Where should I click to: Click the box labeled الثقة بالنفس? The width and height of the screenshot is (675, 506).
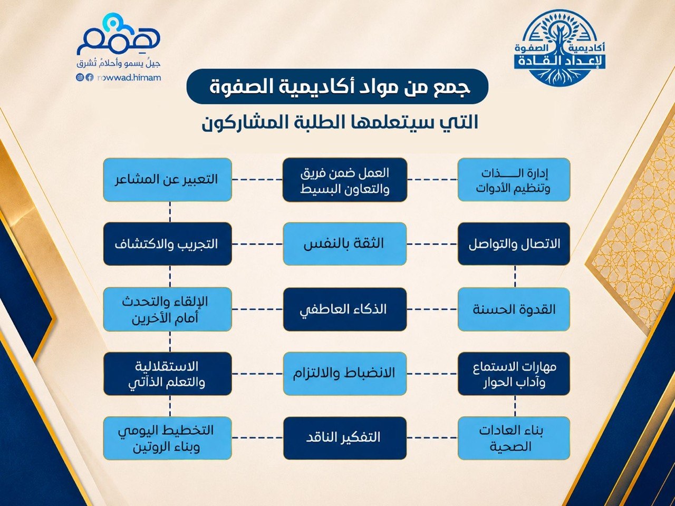coord(345,244)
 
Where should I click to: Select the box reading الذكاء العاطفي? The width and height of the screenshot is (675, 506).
coord(345,309)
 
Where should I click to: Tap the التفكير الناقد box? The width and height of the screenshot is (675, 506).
coord(345,438)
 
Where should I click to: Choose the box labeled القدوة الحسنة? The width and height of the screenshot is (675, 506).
coord(514,309)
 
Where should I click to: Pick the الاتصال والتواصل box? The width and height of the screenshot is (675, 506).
coord(514,244)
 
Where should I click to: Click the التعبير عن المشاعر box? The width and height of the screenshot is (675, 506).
coord(167,180)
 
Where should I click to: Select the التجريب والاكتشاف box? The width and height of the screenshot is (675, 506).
coord(167,244)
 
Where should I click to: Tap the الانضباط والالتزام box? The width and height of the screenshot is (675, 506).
coord(345,374)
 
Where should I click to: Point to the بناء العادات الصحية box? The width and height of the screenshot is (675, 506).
coord(514,438)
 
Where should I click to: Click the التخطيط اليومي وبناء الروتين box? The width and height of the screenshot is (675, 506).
coord(167,438)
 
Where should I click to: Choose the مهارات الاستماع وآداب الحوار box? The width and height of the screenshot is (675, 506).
coord(514,374)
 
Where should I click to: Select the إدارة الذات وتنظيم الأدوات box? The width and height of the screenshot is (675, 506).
coord(514,180)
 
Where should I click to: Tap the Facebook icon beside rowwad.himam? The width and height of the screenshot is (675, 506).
coord(90,77)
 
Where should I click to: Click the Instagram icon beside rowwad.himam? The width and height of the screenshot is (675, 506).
coord(80,77)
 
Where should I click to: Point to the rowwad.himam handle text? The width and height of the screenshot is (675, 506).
coord(129,77)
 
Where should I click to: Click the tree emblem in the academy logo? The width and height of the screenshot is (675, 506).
coord(560,46)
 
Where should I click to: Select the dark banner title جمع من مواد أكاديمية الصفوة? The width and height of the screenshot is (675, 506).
coord(337,86)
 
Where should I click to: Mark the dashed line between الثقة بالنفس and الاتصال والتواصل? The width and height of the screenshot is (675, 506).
coord(432,244)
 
